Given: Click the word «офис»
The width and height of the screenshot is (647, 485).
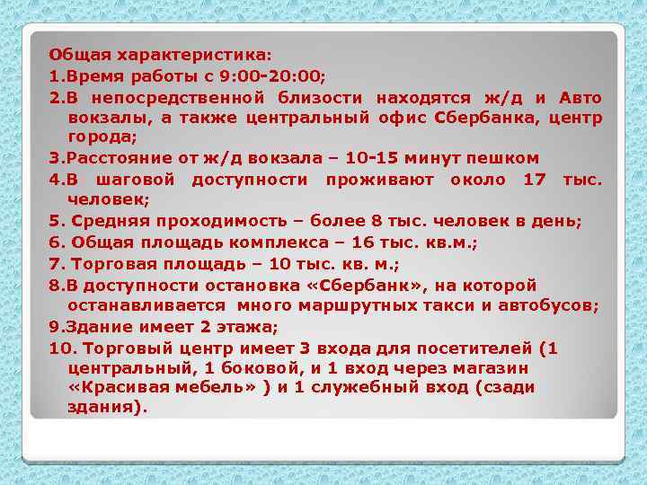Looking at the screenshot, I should tap(401, 117).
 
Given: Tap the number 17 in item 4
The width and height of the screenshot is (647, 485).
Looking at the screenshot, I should tap(534, 180).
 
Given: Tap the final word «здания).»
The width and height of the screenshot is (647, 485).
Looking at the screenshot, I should tap(105, 409).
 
